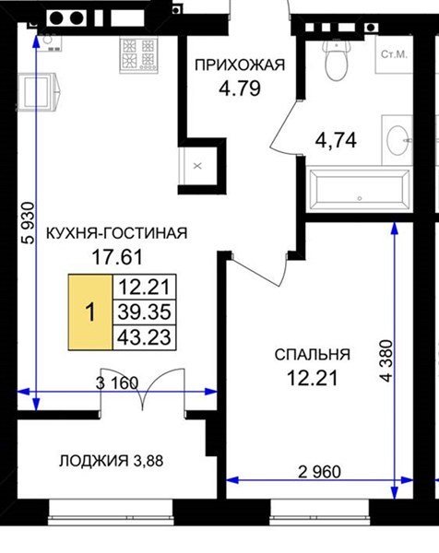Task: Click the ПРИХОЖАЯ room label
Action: pos(240,65)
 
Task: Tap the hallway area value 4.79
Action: pos(240,88)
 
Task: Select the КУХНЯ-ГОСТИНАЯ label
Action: pos(117,233)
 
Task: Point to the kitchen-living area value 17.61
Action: pos(117,257)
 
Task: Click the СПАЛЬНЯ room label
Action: pos(313,355)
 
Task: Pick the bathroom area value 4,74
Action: pos(336,141)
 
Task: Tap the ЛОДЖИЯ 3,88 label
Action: pos(112,461)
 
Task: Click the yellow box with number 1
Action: pos(90,312)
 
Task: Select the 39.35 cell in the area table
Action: pos(144,312)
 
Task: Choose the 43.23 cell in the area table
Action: pos(144,336)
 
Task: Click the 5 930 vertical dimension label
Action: pos(29,223)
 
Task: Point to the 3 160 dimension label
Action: pos(117,383)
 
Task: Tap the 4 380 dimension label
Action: pos(386,360)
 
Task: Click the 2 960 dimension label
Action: pos(320,472)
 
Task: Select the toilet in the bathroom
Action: pos(337,60)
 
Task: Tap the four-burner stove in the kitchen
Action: pos(138,55)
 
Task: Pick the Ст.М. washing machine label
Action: pos(394,54)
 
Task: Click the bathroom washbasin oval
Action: pos(397,140)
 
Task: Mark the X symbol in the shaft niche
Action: pos(197,166)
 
